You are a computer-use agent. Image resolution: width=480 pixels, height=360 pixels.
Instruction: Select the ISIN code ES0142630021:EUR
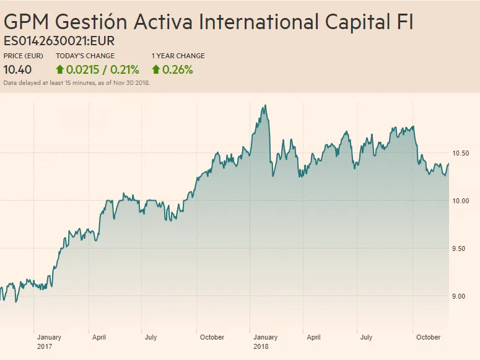click(x=59, y=42)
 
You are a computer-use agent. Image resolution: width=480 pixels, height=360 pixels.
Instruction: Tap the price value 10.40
click(x=18, y=69)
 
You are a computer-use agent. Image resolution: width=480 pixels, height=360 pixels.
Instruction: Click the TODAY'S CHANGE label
click(x=85, y=56)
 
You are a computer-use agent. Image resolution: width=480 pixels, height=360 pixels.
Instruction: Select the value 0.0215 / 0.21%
click(x=102, y=69)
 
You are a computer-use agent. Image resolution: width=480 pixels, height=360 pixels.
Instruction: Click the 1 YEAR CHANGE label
click(x=178, y=56)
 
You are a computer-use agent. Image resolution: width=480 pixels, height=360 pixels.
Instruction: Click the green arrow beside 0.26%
click(x=155, y=69)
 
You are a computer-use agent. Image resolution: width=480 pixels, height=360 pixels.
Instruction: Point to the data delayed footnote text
click(x=77, y=82)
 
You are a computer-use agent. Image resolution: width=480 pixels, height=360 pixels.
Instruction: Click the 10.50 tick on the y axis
click(x=461, y=153)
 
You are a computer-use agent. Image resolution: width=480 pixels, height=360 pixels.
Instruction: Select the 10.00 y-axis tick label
click(x=461, y=201)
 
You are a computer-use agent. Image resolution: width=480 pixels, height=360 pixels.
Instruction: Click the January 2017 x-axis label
click(x=49, y=341)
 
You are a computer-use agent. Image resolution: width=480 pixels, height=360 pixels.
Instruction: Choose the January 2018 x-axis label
click(x=265, y=341)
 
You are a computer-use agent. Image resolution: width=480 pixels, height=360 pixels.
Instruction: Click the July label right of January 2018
click(x=367, y=338)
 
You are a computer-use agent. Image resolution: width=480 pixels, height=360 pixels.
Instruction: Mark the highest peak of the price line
click(x=265, y=105)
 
